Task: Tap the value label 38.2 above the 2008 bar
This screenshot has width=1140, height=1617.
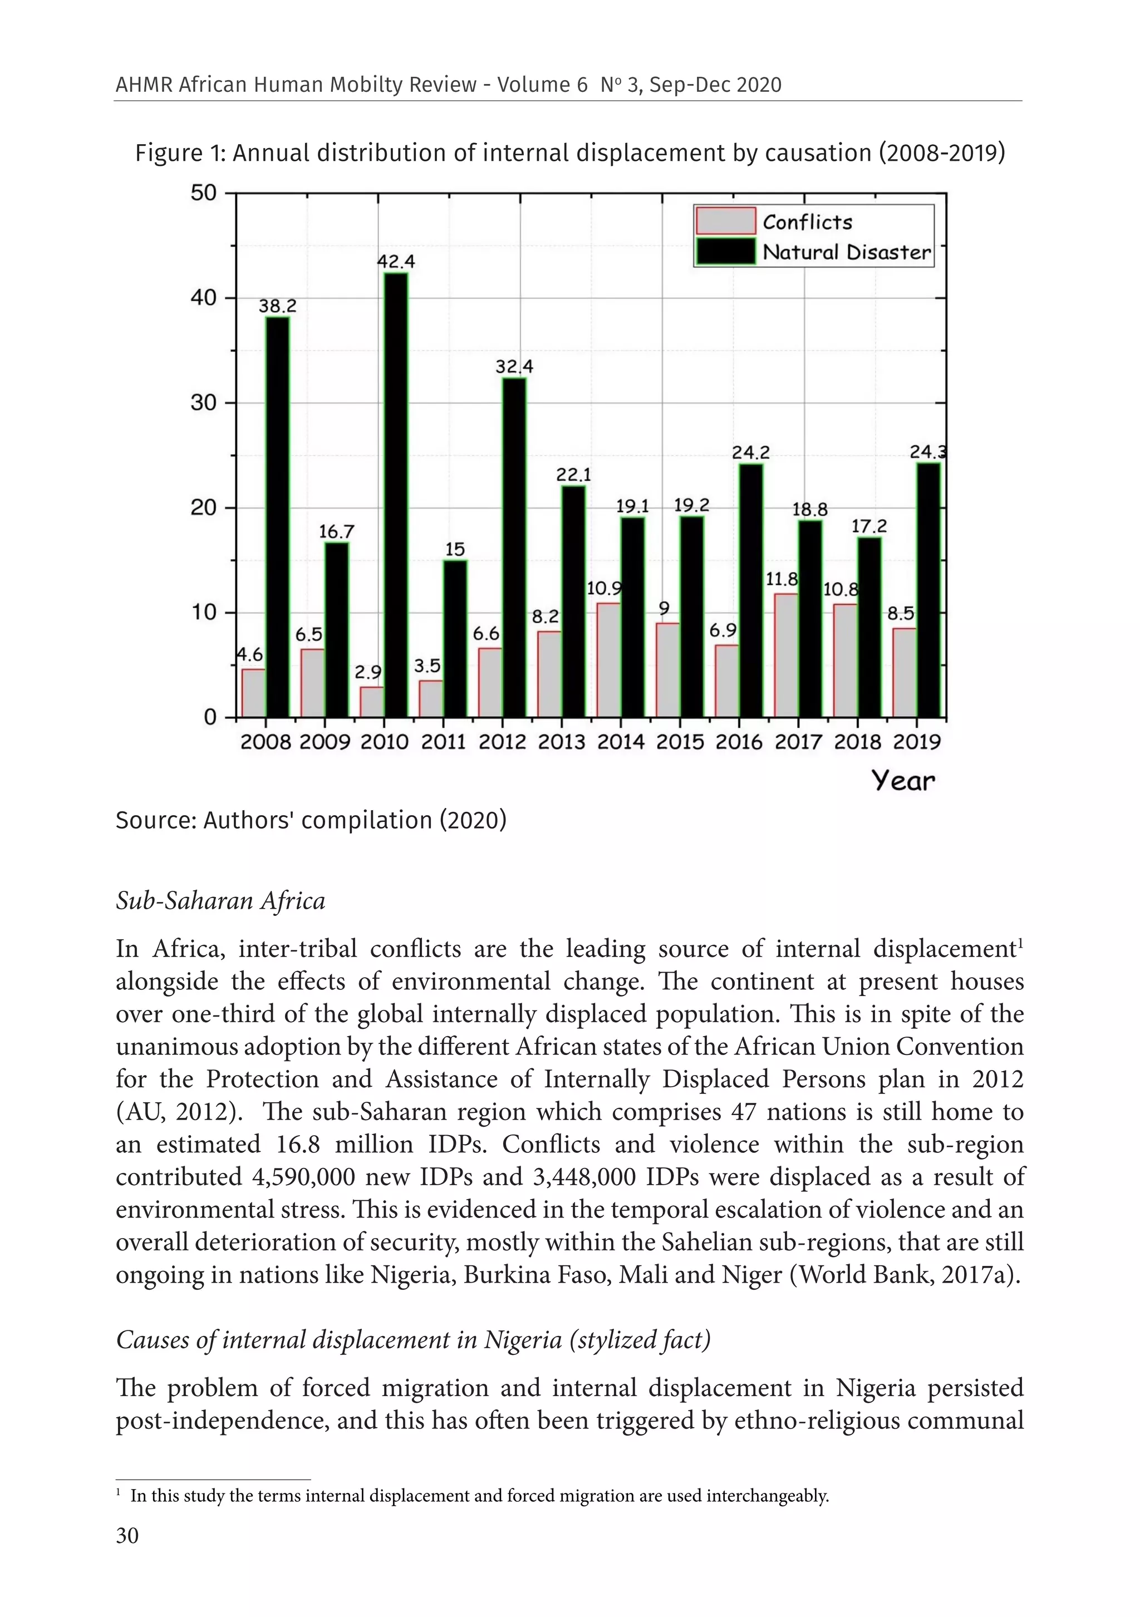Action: (x=278, y=307)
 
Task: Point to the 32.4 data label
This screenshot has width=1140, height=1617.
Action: (x=514, y=367)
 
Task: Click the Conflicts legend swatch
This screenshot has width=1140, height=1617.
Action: (x=725, y=221)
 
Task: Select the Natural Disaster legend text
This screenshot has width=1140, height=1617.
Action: (x=846, y=252)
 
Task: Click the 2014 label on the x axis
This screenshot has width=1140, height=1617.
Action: (x=621, y=742)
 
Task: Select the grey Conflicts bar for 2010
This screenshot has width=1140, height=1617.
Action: (x=372, y=702)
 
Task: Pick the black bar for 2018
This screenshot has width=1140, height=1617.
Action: (x=869, y=627)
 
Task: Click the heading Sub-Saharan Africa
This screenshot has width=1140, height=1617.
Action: (x=220, y=901)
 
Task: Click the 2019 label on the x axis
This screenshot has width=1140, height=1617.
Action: (x=917, y=742)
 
